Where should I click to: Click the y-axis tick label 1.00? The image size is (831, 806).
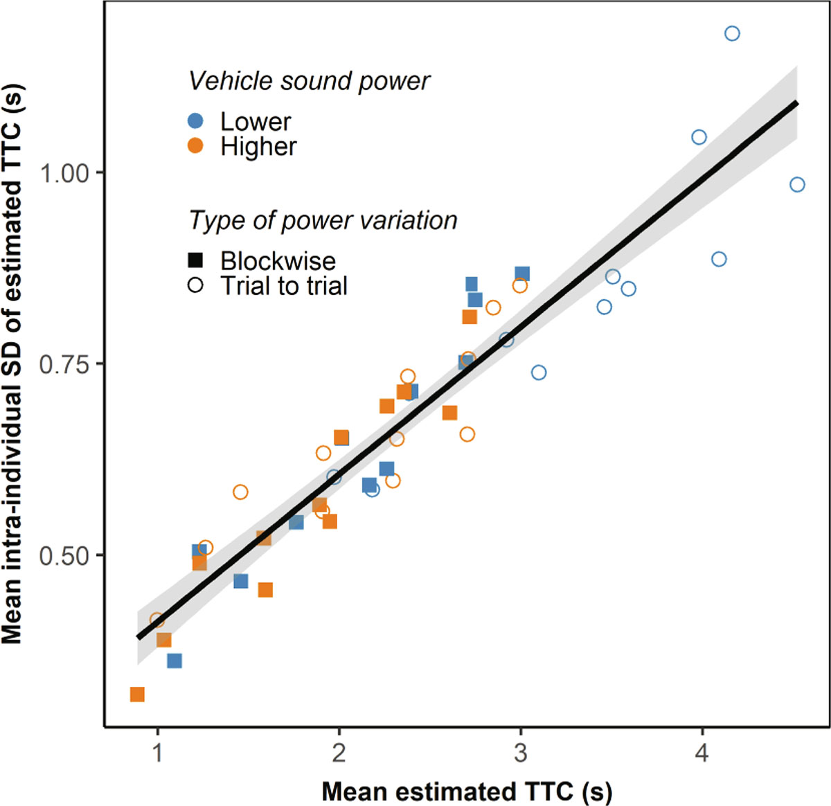coord(64,173)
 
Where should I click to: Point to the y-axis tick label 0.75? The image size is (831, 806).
coord(64,364)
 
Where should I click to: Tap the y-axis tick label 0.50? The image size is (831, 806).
coord(64,556)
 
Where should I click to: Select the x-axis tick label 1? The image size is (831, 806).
coord(157,753)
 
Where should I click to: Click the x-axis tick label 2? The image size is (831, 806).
coord(339,753)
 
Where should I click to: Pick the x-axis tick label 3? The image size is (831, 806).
coord(520,753)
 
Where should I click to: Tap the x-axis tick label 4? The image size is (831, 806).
coord(702,753)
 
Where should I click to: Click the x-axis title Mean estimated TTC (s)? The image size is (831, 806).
coord(467,791)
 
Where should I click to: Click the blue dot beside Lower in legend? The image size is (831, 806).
coord(196,121)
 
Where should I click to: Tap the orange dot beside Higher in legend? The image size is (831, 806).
coord(196,146)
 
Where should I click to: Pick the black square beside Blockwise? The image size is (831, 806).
coord(196,260)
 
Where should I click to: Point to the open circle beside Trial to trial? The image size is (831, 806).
coord(196,285)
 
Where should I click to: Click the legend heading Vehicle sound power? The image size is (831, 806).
coord(309,81)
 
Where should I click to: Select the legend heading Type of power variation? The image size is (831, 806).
coord(323,220)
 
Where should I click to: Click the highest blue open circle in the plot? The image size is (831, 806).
coord(732,33)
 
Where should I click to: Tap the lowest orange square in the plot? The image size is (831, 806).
coord(137,694)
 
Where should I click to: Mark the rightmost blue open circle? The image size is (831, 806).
coord(797,184)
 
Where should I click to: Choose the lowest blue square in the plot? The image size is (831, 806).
coord(175,661)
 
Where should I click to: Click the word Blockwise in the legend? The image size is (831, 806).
coord(278,261)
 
